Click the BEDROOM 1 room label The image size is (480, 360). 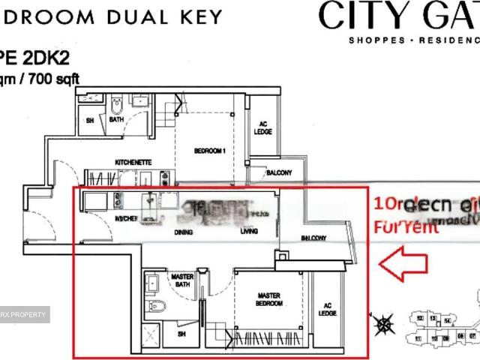click(x=210, y=151)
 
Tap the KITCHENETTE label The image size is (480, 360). click(x=133, y=162)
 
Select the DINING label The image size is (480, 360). click(x=183, y=232)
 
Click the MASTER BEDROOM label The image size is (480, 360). click(x=268, y=300)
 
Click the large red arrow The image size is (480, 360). click(x=403, y=265)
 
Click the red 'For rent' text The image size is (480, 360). click(x=406, y=227)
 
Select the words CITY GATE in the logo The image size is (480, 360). click(x=397, y=15)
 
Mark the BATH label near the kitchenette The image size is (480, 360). click(x=117, y=119)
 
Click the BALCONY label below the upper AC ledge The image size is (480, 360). click(x=278, y=173)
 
